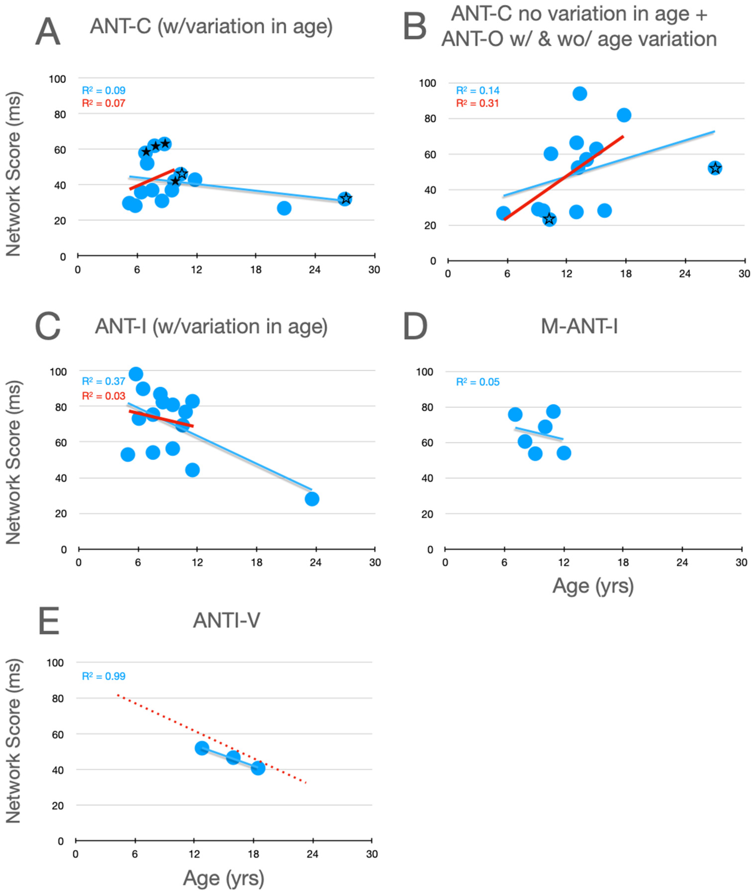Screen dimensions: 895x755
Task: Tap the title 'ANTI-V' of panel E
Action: pyautogui.click(x=226, y=620)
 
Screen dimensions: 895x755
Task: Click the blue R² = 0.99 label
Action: pyautogui.click(x=104, y=676)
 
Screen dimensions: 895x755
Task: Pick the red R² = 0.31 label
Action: pyautogui.click(x=478, y=103)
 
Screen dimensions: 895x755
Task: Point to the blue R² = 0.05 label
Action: pyautogui.click(x=478, y=382)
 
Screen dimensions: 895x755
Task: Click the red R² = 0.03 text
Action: pyautogui.click(x=104, y=396)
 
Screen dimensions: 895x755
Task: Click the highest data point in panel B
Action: pyautogui.click(x=579, y=94)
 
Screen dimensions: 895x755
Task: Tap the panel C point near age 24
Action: pyautogui.click(x=312, y=499)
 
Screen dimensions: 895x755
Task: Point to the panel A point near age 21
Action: pyautogui.click(x=284, y=208)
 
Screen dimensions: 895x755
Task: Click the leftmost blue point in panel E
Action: pyautogui.click(x=202, y=748)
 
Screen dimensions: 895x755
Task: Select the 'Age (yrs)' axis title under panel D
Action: pyautogui.click(x=593, y=586)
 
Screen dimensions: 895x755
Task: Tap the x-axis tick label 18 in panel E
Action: pyautogui.click(x=253, y=854)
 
